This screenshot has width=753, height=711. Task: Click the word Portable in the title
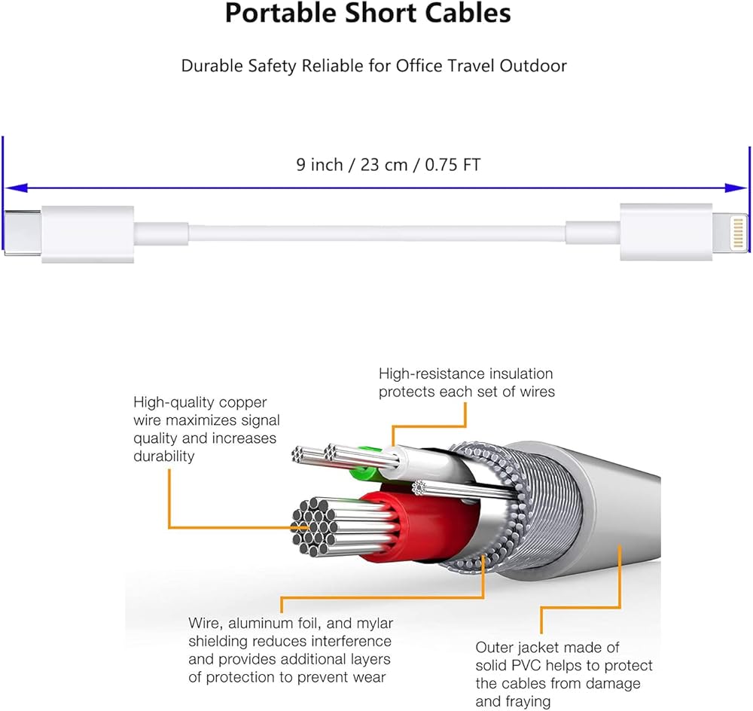pyautogui.click(x=280, y=14)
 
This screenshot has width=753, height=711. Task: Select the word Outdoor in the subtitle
pyautogui.click(x=533, y=66)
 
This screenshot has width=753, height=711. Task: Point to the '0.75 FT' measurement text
pyautogui.click(x=453, y=165)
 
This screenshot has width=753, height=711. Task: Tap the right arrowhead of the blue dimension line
pyautogui.click(x=736, y=188)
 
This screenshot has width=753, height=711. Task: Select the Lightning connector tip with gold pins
pyautogui.click(x=730, y=233)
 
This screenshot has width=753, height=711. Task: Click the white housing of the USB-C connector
pyautogui.click(x=87, y=234)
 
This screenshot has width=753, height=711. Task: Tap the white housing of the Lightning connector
pyautogui.click(x=666, y=232)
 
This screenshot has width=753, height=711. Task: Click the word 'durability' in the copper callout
pyautogui.click(x=163, y=456)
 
